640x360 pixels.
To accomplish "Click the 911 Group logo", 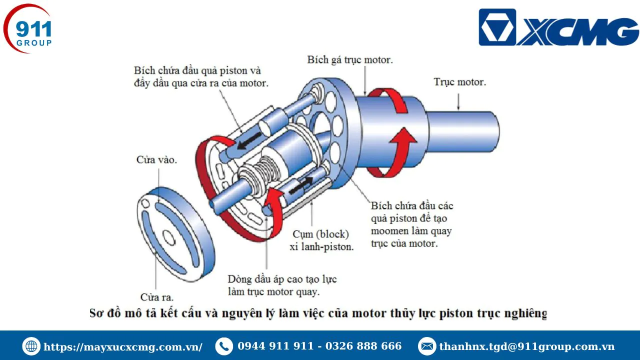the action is [27, 28].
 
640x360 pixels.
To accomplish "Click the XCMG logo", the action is [559, 27].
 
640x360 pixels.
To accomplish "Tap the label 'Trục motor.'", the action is [459, 82].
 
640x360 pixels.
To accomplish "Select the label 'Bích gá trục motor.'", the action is [350, 60].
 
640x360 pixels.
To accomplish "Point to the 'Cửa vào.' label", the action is [156, 159].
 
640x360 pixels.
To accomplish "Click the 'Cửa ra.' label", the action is [157, 297].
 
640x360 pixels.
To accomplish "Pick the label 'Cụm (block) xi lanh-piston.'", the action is [321, 240].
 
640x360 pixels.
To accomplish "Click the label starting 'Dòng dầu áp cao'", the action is [282, 285].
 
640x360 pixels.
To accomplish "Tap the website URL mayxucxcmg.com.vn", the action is [123, 347].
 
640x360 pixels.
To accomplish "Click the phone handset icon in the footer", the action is [224, 346].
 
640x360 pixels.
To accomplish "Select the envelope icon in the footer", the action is [427, 346].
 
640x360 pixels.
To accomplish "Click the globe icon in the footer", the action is [31, 346].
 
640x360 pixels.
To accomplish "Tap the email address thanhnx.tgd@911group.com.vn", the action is [527, 346].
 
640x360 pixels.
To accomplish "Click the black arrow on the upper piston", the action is [249, 141].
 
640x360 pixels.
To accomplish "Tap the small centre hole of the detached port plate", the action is [168, 237].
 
